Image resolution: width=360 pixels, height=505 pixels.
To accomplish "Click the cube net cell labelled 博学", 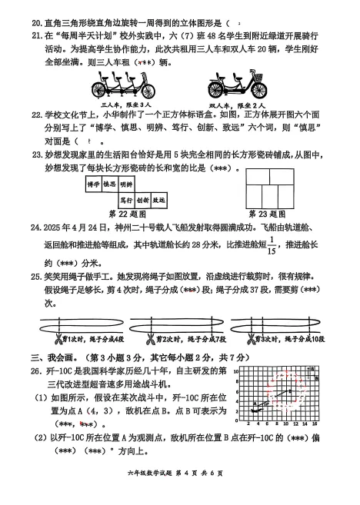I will click(x=93, y=184).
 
